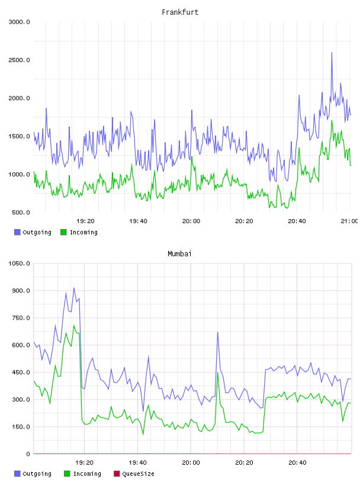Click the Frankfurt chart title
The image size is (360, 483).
pyautogui.click(x=180, y=12)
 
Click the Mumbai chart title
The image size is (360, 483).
pyautogui.click(x=179, y=254)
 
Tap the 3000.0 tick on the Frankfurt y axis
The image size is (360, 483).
pyautogui.click(x=19, y=22)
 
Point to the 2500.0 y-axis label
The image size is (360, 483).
pyautogui.click(x=19, y=60)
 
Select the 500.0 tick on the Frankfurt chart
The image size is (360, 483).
pyautogui.click(x=21, y=212)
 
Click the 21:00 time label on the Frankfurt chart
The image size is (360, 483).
pyautogui.click(x=349, y=221)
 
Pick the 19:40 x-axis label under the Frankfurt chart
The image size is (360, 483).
pyautogui.click(x=138, y=221)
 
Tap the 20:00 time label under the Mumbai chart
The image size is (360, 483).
pyautogui.click(x=191, y=462)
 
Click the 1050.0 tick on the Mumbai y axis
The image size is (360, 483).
pyautogui.click(x=19, y=263)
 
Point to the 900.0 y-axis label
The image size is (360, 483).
pyautogui.click(x=21, y=291)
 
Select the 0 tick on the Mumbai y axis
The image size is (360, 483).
pyautogui.click(x=28, y=454)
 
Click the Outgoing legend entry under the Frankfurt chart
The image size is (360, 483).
pyautogui.click(x=33, y=232)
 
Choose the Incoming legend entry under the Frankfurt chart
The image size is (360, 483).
pyautogui.click(x=79, y=232)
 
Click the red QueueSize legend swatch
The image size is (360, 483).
pyautogui.click(x=117, y=474)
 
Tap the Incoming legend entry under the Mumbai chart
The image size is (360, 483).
pyautogui.click(x=83, y=474)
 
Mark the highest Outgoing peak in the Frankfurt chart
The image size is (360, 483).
pyautogui.click(x=332, y=53)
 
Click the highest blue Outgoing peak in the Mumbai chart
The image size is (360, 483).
pyautogui.click(x=73, y=288)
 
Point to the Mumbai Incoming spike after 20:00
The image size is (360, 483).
pyautogui.click(x=218, y=373)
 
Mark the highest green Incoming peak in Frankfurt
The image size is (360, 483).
pyautogui.click(x=332, y=120)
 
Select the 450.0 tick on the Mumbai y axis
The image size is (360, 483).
pyautogui.click(x=21, y=372)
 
